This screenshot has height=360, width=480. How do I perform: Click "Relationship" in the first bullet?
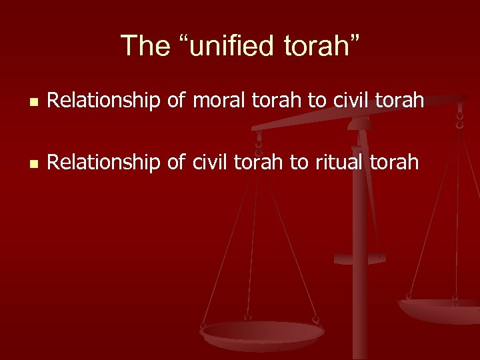[x=105, y=101]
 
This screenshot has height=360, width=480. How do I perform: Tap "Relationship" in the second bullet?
[x=105, y=161]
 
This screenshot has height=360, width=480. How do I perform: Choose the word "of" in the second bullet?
[x=175, y=161]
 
